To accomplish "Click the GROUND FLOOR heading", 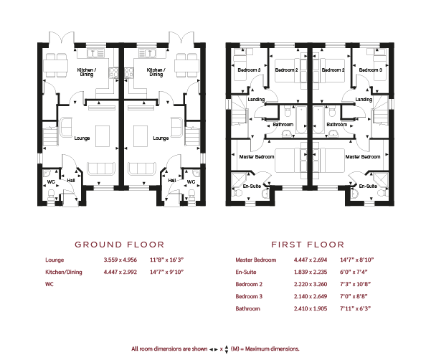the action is coord(120,245).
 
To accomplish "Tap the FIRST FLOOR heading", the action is coord(308,245).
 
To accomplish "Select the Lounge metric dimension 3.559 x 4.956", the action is coord(120,260).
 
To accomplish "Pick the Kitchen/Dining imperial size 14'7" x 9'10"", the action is coord(166,272).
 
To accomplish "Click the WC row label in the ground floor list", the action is coord(49,284).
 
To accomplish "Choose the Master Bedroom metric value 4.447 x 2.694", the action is coord(311,260).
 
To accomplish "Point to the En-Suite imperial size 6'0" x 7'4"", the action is coord(354,272).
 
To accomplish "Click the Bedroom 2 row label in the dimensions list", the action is coord(249,284).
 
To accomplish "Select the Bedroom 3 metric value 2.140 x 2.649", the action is coord(311,296).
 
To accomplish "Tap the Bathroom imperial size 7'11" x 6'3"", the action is coord(355,308).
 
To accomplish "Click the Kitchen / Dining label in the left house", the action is coord(87,72).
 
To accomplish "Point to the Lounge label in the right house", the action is coord(161,138).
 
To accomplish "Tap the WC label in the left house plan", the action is coord(51,182).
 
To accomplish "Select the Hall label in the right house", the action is coord(172,180).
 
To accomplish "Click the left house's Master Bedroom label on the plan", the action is coord(257,156).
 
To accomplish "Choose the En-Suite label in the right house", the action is coord(368,186).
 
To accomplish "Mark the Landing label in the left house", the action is coord(256,99).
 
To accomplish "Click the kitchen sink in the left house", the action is coord(95,53).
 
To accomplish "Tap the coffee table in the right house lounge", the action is coord(141,136).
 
